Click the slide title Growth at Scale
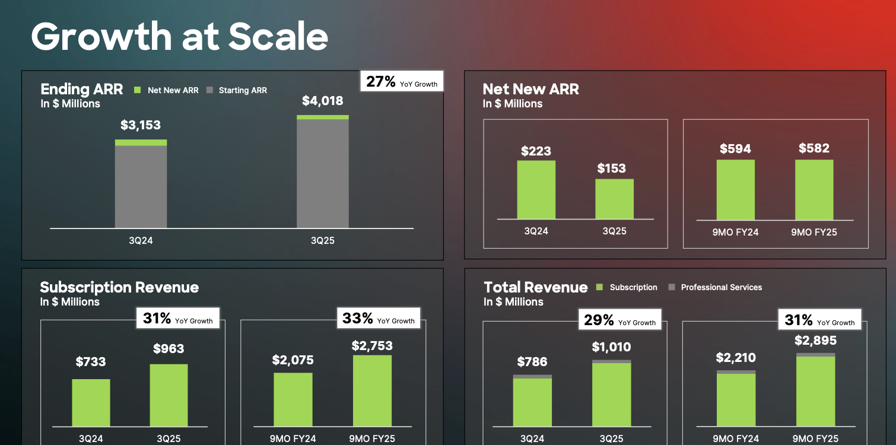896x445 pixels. point(179,37)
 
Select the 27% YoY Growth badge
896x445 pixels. point(402,82)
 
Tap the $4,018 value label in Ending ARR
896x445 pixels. point(322,101)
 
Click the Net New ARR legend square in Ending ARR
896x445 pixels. point(137,90)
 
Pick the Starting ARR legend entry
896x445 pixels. point(237,90)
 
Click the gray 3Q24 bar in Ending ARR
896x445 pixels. point(141,186)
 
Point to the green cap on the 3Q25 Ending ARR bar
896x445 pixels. point(322,117)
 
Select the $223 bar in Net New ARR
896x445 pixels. point(536,190)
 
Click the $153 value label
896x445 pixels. point(611,168)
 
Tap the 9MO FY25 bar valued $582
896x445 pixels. point(814,190)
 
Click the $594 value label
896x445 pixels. point(735,149)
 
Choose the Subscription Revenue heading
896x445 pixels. point(119,288)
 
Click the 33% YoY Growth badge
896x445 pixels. point(378,319)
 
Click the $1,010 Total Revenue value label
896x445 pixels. point(611,347)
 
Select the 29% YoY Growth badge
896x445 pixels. point(619,320)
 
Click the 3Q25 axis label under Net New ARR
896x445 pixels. point(614,231)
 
